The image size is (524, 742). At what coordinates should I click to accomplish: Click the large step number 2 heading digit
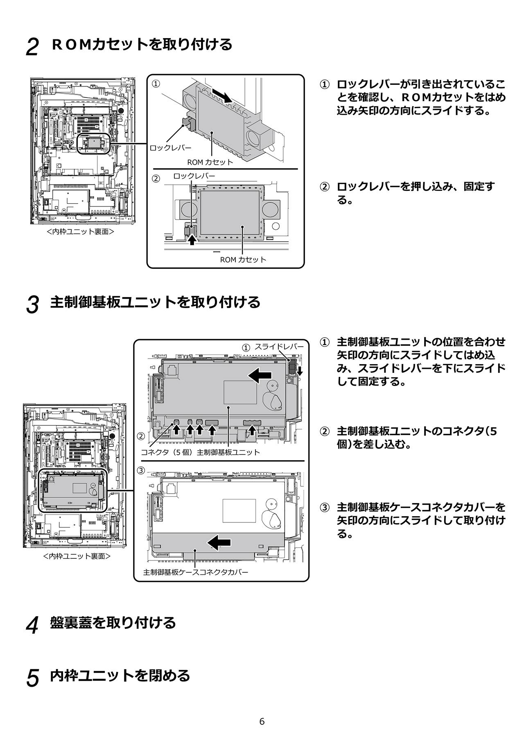tap(32, 47)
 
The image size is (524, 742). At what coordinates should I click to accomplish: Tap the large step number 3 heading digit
tap(32, 305)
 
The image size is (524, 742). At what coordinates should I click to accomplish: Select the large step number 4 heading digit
tap(32, 625)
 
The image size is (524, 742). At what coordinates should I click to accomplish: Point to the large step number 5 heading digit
tap(32, 678)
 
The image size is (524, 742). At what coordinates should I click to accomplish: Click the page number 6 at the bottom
tap(262, 722)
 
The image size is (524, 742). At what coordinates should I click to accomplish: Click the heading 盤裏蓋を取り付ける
tap(113, 622)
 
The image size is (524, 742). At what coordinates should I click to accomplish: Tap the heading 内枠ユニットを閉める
tap(120, 675)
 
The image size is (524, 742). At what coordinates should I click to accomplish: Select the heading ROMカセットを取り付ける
tap(142, 44)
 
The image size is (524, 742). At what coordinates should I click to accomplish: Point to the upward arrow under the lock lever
tap(192, 240)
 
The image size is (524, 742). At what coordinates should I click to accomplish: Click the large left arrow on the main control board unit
tap(260, 374)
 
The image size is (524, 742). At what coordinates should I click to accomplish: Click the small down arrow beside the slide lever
tap(300, 371)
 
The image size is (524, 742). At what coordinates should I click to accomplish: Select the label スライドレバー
tap(279, 347)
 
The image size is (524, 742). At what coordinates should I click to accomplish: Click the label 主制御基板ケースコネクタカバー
tap(196, 572)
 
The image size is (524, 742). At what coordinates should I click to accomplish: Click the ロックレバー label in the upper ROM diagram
tap(170, 147)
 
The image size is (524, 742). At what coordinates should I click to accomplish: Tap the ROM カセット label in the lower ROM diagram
tap(243, 259)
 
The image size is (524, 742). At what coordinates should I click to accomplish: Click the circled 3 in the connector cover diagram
tap(141, 470)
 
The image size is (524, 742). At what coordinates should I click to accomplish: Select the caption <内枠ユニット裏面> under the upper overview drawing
tap(80, 232)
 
